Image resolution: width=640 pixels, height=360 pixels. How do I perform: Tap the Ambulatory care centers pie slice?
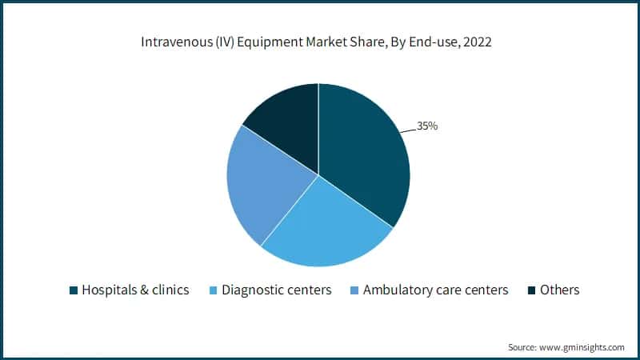click(264, 184)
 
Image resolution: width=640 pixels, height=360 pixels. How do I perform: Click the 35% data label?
click(427, 126)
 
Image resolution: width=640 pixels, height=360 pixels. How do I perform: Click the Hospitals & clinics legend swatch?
click(74, 290)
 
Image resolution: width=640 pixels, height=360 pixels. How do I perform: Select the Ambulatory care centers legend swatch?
click(354, 290)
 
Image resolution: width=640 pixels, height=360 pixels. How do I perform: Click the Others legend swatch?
click(532, 290)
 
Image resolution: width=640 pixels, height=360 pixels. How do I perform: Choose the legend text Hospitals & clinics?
click(135, 290)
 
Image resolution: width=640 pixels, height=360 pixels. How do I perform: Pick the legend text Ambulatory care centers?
click(435, 290)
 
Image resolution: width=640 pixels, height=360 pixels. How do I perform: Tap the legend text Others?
click(559, 290)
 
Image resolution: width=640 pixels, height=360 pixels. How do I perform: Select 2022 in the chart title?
click(475, 42)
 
